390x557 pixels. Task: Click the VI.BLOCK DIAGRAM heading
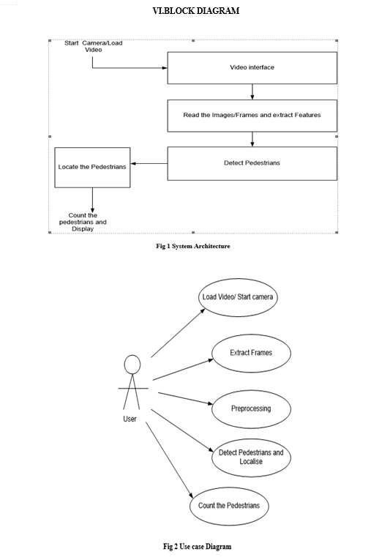(x=195, y=11)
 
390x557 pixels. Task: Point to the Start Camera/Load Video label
(x=94, y=46)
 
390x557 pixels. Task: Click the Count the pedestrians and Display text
(x=83, y=222)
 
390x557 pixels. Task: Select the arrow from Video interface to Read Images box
(x=252, y=92)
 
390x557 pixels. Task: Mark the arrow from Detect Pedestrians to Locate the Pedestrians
(x=149, y=163)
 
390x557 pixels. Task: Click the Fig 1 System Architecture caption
(x=193, y=246)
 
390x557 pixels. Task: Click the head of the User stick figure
(x=132, y=365)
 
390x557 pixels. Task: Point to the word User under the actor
(x=130, y=419)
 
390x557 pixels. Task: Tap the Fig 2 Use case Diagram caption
(x=197, y=546)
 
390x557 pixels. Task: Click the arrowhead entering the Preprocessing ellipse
(x=209, y=403)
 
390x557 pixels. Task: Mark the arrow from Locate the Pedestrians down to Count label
(x=92, y=200)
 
